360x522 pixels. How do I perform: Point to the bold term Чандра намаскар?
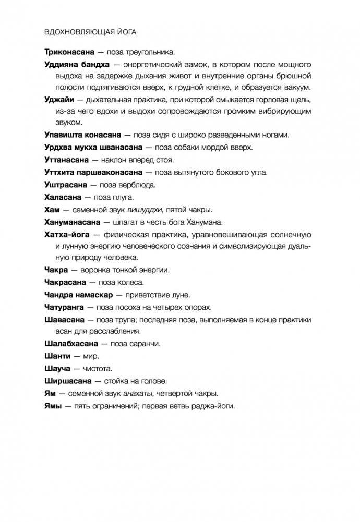[x=79, y=295]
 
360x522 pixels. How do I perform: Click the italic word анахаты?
[x=143, y=394]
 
